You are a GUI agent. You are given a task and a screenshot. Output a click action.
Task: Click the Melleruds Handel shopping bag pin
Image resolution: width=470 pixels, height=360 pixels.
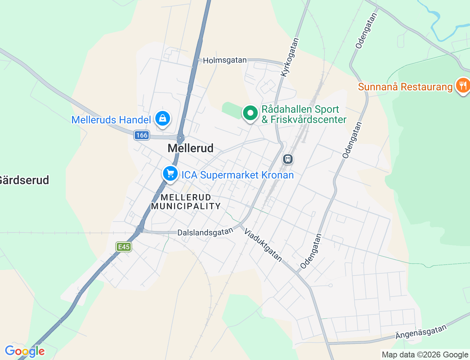(x=162, y=118)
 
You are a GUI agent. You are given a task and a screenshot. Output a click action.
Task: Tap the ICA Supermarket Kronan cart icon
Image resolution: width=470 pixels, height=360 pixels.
(x=170, y=173)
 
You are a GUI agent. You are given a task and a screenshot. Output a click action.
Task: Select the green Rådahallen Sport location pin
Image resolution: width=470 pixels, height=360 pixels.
(x=250, y=113)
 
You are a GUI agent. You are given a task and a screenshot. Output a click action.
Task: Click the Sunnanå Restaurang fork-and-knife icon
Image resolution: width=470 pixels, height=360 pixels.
(x=463, y=86)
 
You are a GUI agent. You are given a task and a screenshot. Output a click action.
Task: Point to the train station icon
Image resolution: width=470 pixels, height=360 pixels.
(x=288, y=159)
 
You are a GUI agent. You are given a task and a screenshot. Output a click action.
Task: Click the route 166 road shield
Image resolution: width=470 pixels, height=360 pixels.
(x=141, y=135)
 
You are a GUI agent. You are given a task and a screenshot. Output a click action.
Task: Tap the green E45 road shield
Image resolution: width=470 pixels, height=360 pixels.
(x=124, y=247)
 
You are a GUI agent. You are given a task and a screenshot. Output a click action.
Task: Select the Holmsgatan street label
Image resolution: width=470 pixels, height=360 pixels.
(x=225, y=60)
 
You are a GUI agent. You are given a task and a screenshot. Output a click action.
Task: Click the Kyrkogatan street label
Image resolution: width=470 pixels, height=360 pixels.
(x=290, y=57)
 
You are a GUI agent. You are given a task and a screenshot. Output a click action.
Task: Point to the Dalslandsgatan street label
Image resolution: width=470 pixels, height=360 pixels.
(x=205, y=232)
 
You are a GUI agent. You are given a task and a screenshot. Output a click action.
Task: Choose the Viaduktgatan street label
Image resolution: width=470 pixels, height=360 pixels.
(x=263, y=245)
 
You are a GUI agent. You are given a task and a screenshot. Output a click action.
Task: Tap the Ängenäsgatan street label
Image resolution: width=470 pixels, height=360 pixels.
(x=421, y=332)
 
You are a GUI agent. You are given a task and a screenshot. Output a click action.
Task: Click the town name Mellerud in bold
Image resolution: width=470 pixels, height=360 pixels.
(x=191, y=148)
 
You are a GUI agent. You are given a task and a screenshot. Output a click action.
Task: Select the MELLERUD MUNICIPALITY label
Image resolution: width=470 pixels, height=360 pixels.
(x=186, y=202)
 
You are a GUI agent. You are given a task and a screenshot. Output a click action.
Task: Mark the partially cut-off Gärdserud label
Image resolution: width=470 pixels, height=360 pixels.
(x=24, y=180)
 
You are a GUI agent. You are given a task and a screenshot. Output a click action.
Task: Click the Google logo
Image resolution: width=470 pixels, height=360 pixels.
(x=25, y=351)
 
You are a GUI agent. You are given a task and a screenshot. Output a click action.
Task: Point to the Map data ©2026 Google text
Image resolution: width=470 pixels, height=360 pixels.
(x=425, y=354)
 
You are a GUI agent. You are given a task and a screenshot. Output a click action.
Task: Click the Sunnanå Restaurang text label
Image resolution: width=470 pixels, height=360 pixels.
(x=405, y=87)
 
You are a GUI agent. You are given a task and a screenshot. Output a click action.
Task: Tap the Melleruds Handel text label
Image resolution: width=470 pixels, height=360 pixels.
(x=111, y=120)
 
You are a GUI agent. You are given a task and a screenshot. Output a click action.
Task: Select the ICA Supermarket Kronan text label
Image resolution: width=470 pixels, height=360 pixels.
(x=238, y=175)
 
